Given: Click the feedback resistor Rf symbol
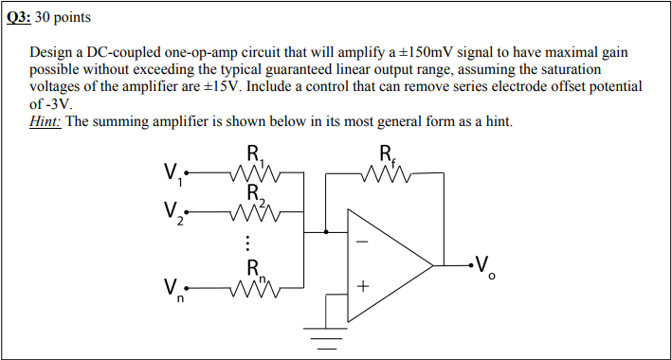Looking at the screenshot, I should tap(387, 173).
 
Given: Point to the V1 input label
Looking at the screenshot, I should tap(173, 174).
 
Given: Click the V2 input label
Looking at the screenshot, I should tap(173, 215).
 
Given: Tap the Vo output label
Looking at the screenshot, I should tap(485, 266).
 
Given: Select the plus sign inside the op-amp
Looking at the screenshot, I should tap(361, 284).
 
